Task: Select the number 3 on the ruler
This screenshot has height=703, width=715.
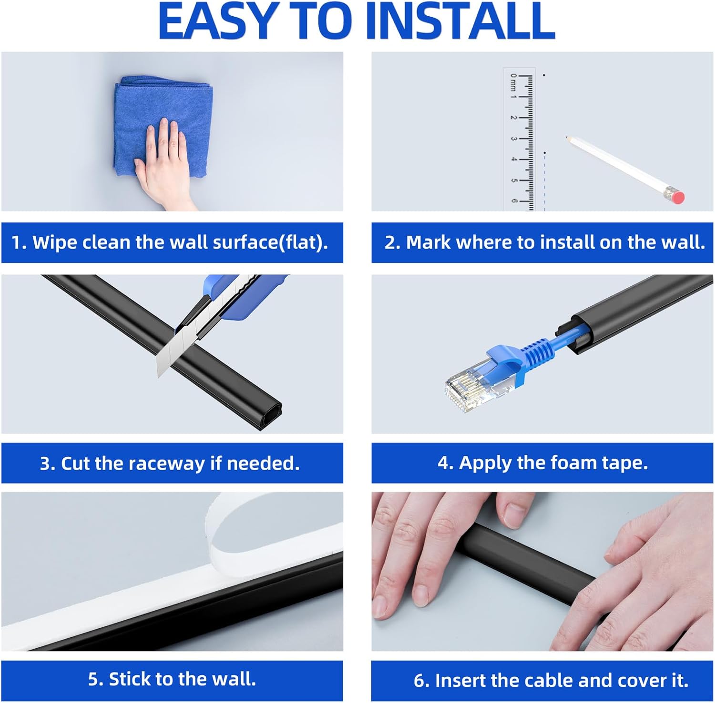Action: coord(513,139)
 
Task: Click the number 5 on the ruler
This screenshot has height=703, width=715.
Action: coord(513,180)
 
